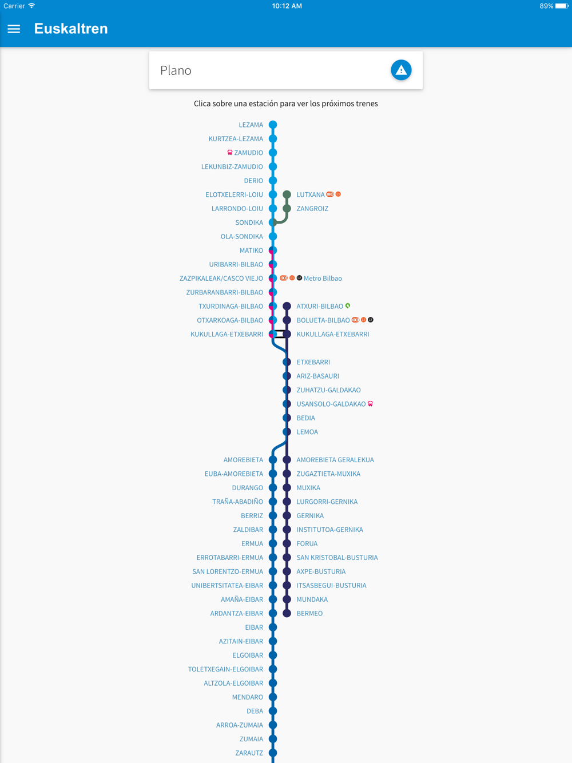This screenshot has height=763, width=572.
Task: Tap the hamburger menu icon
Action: click(x=14, y=29)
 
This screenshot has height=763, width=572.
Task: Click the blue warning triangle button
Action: click(x=401, y=70)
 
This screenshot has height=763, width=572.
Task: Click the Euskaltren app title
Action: click(x=71, y=29)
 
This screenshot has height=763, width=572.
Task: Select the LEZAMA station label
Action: click(x=251, y=125)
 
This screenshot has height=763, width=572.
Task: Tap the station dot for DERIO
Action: click(x=273, y=180)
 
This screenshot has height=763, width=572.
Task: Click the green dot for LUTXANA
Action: click(x=287, y=194)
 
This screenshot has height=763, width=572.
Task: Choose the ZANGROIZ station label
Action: click(x=312, y=209)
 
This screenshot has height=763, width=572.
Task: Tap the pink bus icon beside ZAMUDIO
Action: click(x=230, y=152)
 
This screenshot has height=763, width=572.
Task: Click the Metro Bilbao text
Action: click(x=323, y=279)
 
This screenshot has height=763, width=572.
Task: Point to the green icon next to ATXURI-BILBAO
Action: click(x=348, y=306)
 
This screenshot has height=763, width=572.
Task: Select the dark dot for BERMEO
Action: click(x=287, y=613)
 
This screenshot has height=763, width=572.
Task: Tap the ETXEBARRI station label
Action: click(x=313, y=362)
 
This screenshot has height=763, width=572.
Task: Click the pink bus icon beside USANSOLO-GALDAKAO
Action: click(x=371, y=404)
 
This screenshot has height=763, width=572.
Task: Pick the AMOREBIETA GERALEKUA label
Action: click(x=335, y=460)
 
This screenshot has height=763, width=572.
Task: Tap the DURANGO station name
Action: click(x=248, y=488)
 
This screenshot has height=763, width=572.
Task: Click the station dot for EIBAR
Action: click(x=273, y=627)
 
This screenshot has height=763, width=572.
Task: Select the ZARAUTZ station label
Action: click(x=249, y=753)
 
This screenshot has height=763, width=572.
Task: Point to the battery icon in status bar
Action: click(x=562, y=6)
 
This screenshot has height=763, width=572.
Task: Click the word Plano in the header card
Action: click(x=176, y=70)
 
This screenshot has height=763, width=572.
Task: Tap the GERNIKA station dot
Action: click(x=287, y=515)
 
